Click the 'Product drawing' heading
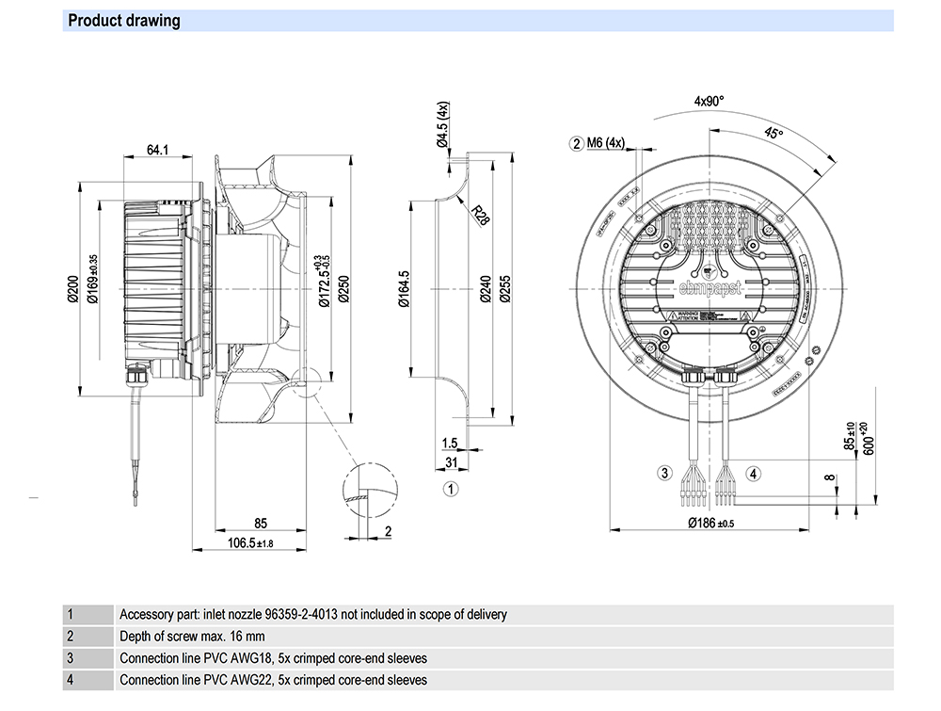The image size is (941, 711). [124, 21]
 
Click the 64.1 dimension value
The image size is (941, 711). [157, 149]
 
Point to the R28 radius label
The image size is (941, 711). [480, 218]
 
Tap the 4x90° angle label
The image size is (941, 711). [710, 101]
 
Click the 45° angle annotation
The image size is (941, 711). [774, 134]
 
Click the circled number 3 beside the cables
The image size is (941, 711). [664, 473]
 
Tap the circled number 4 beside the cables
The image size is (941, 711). [754, 473]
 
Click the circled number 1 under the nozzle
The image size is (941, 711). [451, 489]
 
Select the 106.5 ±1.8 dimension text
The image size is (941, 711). [250, 542]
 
